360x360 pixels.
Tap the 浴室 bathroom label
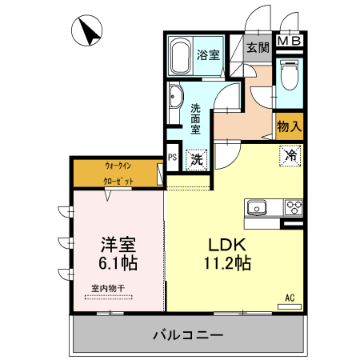coord(208,54)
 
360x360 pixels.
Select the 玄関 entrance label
coord(257,48)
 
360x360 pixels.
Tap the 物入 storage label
coord(289,125)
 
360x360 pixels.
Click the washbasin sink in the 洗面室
coord(176,102)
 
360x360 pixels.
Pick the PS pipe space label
coord(172,158)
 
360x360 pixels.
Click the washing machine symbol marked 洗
coord(196,158)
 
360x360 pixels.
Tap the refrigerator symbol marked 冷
coord(291,155)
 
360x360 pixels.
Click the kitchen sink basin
coord(257,209)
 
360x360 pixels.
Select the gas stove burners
coord(292,208)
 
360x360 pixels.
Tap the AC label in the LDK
coord(290,298)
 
